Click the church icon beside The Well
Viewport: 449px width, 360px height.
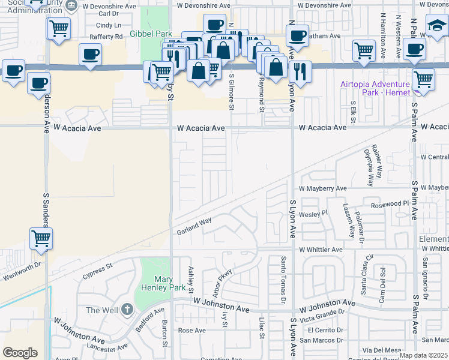[126, 310]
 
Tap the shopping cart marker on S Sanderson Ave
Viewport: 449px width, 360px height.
[41, 238]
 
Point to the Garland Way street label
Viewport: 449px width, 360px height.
[193, 226]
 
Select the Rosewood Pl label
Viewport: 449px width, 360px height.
[389, 204]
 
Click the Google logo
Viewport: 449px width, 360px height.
[20, 353]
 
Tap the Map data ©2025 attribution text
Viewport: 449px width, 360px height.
[423, 355]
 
